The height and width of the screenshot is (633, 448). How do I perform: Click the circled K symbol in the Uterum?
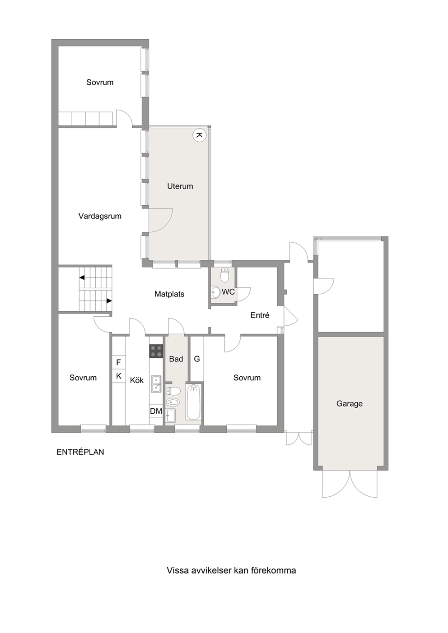point(200,135)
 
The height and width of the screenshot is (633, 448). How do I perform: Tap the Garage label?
point(349,403)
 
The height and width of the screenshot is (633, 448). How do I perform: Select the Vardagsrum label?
point(100,216)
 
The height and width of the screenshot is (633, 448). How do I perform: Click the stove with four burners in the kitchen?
point(156,351)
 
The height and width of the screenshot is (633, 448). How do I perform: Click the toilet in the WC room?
point(224,275)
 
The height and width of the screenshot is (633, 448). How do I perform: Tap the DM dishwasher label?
point(156,411)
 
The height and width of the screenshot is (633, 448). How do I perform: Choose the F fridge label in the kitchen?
point(119,362)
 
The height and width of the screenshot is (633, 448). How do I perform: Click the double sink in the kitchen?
point(156,384)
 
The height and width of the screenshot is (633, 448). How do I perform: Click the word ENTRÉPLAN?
point(80,452)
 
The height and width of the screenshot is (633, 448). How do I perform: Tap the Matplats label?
point(169,294)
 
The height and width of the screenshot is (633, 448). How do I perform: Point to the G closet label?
point(197,359)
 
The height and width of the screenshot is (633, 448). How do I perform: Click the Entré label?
point(260,315)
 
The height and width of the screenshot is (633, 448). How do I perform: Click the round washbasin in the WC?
point(216,292)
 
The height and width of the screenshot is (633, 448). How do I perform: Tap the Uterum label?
point(180,186)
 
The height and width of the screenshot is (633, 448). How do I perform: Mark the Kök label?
point(137,380)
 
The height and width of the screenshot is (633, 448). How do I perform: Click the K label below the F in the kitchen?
point(119,376)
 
